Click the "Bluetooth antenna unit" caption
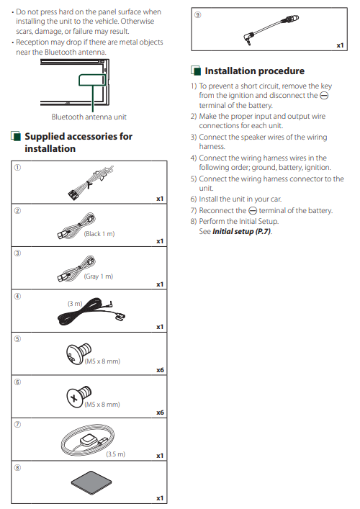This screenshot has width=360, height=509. point(89,117)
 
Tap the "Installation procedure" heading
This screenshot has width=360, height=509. point(254,71)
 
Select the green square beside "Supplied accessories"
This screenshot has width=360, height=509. point(16,136)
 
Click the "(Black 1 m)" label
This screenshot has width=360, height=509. point(99,234)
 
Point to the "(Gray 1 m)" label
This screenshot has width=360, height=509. point(99,276)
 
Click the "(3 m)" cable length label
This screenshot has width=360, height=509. point(75,304)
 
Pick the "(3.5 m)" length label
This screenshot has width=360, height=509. point(116,454)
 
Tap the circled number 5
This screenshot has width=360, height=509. point(17,339)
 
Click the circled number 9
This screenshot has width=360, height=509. point(197,15)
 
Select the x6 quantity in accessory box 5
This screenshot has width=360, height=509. point(160,370)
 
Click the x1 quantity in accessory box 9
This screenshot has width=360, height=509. point(340,45)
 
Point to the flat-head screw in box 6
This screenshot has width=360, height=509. point(79,396)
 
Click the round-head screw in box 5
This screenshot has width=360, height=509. point(78,353)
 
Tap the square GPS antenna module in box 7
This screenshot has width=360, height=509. point(88,441)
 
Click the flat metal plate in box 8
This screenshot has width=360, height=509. point(91,483)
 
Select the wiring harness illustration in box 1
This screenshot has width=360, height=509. point(90,182)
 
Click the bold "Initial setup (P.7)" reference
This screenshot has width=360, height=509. point(241,231)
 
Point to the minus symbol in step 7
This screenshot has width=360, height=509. point(253,211)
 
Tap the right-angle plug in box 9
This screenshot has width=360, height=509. point(248,38)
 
